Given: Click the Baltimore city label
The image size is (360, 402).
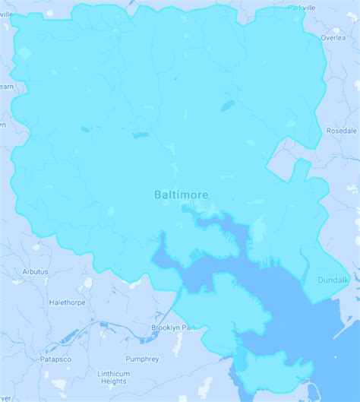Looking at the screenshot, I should point(181,195).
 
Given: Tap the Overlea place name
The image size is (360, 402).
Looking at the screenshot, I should point(333,37).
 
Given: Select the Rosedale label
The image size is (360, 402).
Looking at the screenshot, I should point(341,131).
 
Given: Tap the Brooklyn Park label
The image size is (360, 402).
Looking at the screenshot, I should point(174,328).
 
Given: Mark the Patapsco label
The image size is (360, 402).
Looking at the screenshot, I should point(55,358).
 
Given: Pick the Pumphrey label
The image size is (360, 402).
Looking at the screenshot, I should point(142,359).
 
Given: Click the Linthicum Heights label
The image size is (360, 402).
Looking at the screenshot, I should point(113,378).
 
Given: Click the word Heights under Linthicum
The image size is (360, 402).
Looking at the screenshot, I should point(113,382).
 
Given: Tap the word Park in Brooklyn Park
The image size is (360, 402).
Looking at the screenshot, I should point(188,328).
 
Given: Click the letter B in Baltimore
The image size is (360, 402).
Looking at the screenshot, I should point(158,195).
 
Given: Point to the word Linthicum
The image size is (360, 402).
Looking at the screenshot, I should point(113,373).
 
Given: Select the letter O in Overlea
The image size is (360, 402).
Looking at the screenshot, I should point(322,37).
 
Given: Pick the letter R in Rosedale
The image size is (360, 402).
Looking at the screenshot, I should point(328,131).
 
